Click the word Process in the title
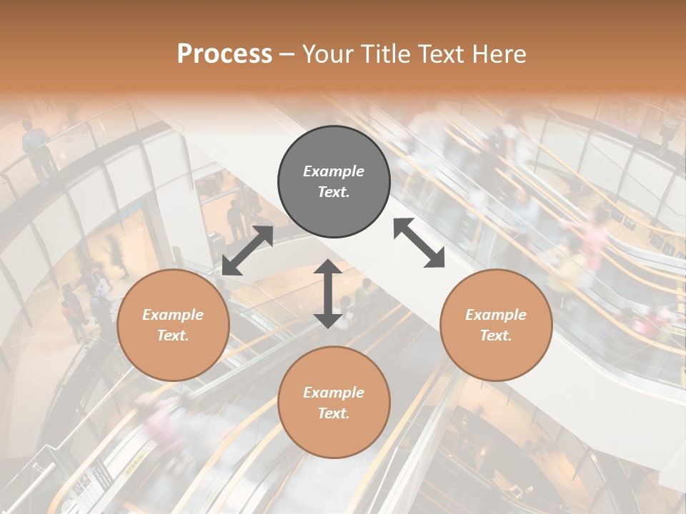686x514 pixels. [x=224, y=54]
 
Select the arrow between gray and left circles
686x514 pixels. [x=247, y=251]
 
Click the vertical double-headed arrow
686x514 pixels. [x=328, y=293]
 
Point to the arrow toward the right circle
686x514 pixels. [x=419, y=243]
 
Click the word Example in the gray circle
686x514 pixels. [x=334, y=171]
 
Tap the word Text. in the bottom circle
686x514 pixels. [x=334, y=413]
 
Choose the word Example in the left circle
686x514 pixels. [x=173, y=315]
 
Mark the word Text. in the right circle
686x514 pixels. [x=496, y=336]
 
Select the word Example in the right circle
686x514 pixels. [x=496, y=315]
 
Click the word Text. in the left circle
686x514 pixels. [x=173, y=336]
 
